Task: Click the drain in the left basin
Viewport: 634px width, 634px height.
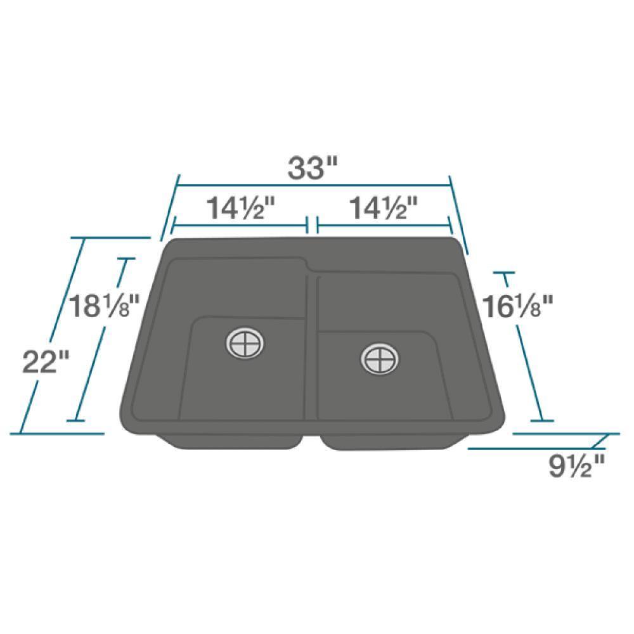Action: pyautogui.click(x=244, y=344)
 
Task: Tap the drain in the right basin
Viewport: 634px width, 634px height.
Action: pyautogui.click(x=380, y=359)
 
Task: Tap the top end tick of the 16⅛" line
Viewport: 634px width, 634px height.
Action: pyautogui.click(x=505, y=273)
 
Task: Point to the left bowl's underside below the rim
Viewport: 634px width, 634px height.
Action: pyautogui.click(x=235, y=442)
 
